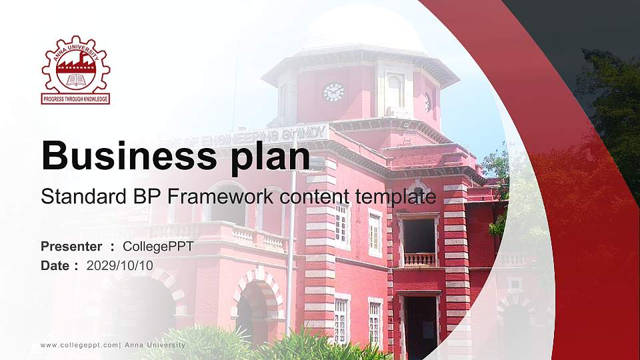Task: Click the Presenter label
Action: (x=71, y=247)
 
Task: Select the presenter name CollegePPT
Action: (x=158, y=247)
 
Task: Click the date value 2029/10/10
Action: (x=120, y=265)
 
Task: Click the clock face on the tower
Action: (x=333, y=92)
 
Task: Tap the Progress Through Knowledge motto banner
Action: (x=75, y=99)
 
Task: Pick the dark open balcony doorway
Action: (x=419, y=235)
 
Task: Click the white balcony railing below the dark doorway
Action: (x=419, y=259)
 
